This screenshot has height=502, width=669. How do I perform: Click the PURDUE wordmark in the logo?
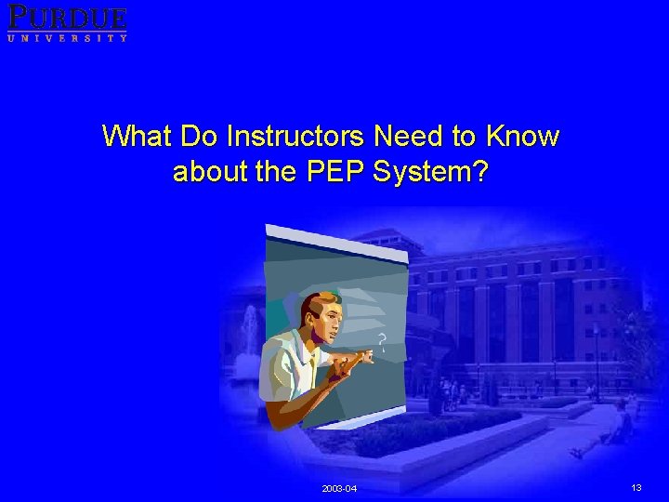67,17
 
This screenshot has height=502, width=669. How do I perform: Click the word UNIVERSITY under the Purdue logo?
67,37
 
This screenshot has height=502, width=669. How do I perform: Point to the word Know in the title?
521,137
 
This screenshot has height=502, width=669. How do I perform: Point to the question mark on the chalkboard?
380,341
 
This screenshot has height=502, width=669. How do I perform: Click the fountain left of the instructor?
248,330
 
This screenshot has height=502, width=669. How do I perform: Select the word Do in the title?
199,137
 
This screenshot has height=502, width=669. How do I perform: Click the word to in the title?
464,137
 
